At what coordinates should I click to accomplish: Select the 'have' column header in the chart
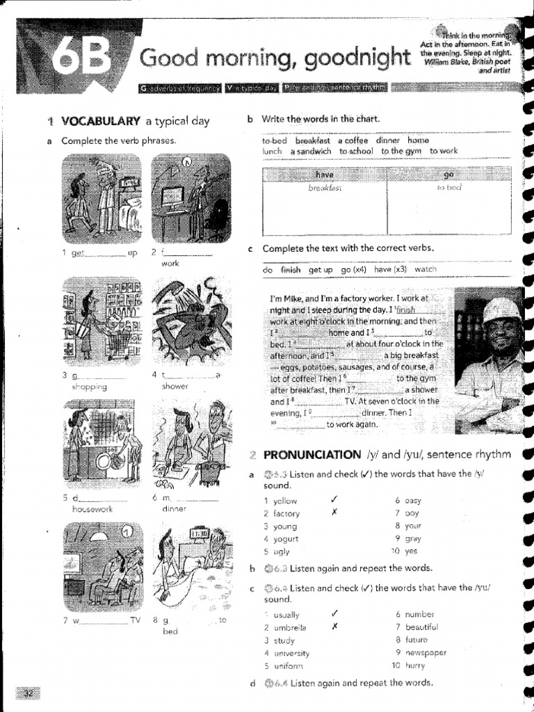point(325,175)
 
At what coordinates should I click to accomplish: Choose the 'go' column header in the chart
point(448,175)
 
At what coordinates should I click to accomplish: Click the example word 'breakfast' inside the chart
point(325,188)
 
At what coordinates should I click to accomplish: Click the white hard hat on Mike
point(501,311)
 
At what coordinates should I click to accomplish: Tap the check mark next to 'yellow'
point(335,500)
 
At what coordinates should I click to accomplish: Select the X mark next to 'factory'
point(335,513)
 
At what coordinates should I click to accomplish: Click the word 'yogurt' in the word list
point(285,539)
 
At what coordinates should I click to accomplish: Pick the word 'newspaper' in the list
point(426,652)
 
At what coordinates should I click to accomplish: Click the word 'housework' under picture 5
point(92,510)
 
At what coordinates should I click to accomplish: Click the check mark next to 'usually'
point(335,613)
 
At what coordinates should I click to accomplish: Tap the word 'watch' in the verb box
point(426,270)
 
